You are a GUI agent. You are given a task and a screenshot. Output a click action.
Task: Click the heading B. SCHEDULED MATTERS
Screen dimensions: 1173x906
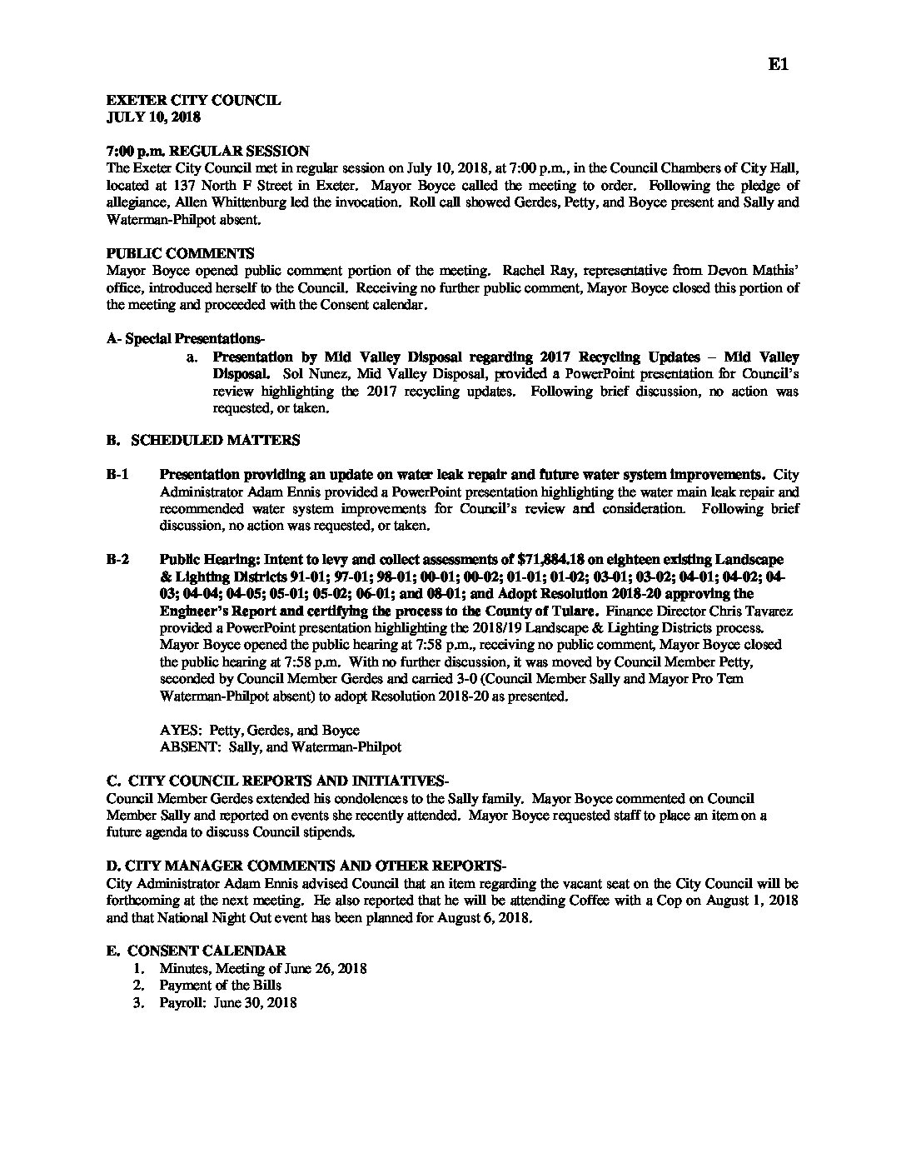point(203,440)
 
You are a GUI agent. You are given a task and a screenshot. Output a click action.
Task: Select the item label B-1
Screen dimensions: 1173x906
point(117,475)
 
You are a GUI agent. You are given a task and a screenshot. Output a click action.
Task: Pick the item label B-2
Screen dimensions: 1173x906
point(117,559)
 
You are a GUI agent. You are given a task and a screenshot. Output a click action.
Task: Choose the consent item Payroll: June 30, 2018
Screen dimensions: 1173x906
point(227,1003)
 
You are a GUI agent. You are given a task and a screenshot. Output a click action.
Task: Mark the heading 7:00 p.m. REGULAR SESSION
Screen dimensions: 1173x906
point(208,151)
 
